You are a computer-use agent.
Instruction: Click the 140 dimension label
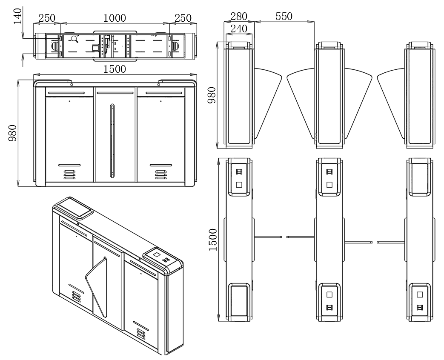coord(17,17)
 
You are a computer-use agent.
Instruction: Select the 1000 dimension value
coord(115,18)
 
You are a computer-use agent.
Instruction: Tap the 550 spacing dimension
coord(284,16)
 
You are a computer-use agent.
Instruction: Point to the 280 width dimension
coord(239,16)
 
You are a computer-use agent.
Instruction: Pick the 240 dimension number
coord(239,29)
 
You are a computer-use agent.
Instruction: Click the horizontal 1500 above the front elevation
coord(115,69)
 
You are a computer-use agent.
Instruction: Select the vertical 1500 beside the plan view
coord(212,240)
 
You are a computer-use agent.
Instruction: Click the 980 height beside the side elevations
coord(212,95)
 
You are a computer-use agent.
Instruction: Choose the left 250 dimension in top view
coord(47,18)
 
